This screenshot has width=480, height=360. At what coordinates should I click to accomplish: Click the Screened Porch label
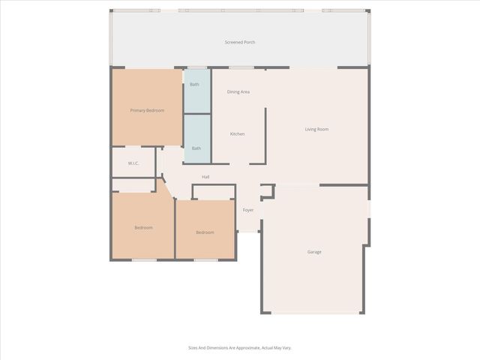pyautogui.click(x=240, y=42)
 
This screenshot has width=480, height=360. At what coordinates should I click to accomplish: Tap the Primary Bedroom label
pyautogui.click(x=147, y=110)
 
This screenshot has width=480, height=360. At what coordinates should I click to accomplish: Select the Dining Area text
pyautogui.click(x=238, y=91)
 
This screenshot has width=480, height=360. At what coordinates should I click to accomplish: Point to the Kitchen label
pyautogui.click(x=237, y=133)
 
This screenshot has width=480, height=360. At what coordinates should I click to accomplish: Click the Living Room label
pyautogui.click(x=316, y=129)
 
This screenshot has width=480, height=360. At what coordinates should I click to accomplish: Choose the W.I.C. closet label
pyautogui.click(x=133, y=163)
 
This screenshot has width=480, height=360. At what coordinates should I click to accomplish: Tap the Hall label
pyautogui.click(x=205, y=177)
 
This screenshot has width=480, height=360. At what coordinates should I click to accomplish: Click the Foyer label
pyautogui.click(x=248, y=210)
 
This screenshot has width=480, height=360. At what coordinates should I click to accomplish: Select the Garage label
pyautogui.click(x=314, y=252)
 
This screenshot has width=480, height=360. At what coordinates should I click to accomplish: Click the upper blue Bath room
pyautogui.click(x=196, y=90)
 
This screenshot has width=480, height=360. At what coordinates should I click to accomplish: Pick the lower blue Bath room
pyautogui.click(x=196, y=139)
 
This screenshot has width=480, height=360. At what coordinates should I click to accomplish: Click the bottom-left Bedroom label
pyautogui.click(x=143, y=227)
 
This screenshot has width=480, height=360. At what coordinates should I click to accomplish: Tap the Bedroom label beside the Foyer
pyautogui.click(x=205, y=232)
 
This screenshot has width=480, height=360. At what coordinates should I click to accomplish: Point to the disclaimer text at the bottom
pyautogui.click(x=240, y=347)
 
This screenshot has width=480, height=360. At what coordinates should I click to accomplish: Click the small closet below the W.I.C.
pyautogui.click(x=133, y=184)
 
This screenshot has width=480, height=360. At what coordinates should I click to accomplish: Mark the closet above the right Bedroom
pyautogui.click(x=214, y=192)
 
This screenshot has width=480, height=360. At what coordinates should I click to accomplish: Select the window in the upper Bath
pyautogui.click(x=196, y=68)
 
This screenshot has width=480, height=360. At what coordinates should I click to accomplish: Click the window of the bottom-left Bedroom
pyautogui.click(x=144, y=259)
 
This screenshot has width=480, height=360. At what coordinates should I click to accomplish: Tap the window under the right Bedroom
pyautogui.click(x=205, y=259)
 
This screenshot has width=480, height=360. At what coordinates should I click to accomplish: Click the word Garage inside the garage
pyautogui.click(x=314, y=252)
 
